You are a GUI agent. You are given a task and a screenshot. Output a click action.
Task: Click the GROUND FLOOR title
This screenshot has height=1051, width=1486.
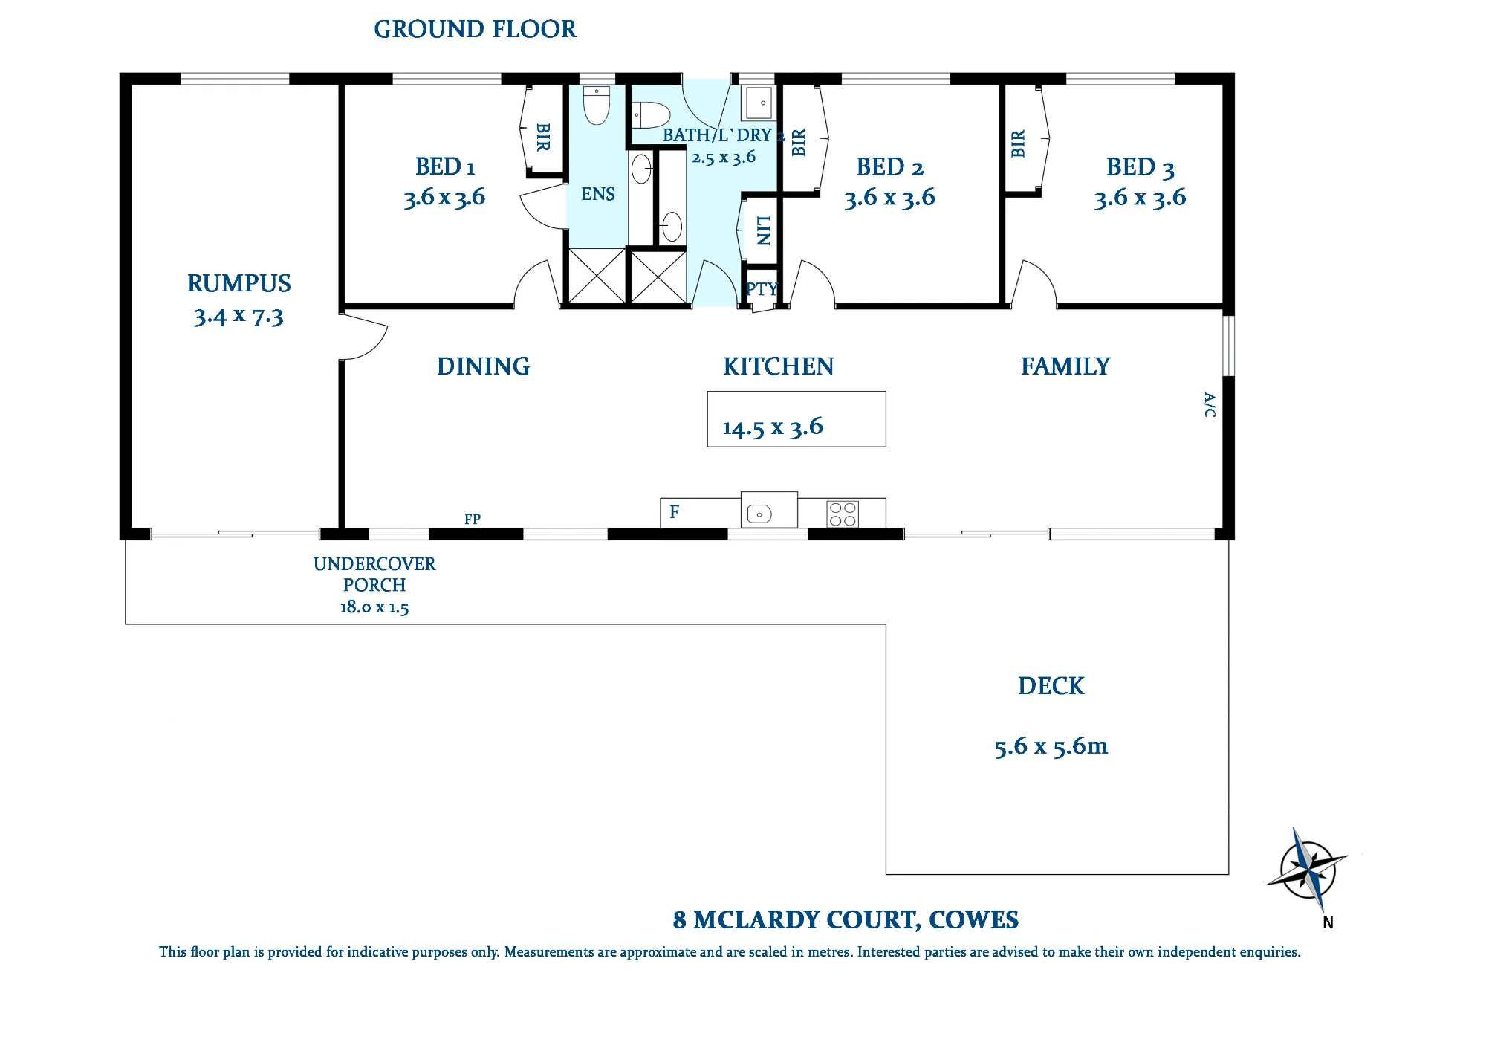pyautogui.click(x=475, y=29)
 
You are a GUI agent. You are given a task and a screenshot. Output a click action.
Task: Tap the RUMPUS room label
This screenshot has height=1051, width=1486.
pyautogui.click(x=239, y=283)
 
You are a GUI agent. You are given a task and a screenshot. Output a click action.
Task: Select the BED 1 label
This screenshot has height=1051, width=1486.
pyautogui.click(x=444, y=166)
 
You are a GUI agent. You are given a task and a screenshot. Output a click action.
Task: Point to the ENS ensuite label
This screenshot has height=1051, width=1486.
pyautogui.click(x=598, y=194)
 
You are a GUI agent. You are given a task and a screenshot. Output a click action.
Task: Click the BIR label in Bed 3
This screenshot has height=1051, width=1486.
pyautogui.click(x=1018, y=143)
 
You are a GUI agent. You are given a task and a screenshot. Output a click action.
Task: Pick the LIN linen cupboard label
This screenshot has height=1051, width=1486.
pyautogui.click(x=764, y=230)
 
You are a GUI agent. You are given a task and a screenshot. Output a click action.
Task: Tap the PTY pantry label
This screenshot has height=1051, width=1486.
pyautogui.click(x=762, y=288)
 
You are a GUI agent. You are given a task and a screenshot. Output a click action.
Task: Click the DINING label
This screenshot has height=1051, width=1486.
pyautogui.click(x=483, y=366)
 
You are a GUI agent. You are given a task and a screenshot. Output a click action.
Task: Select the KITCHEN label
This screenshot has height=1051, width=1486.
pyautogui.click(x=779, y=366)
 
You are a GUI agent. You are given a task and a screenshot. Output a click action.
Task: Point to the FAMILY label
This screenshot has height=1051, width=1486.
pyautogui.click(x=1065, y=366)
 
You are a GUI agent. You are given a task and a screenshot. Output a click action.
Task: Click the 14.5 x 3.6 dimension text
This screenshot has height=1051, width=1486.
pyautogui.click(x=773, y=427)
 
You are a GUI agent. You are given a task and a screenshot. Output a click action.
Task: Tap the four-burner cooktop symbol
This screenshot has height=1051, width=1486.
pyautogui.click(x=843, y=514)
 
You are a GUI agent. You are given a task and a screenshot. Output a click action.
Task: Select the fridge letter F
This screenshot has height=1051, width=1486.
pyautogui.click(x=675, y=511)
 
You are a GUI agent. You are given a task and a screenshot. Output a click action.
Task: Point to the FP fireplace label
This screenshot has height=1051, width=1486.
pyautogui.click(x=473, y=519)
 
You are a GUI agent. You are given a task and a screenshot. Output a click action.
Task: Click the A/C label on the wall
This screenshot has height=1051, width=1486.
pyautogui.click(x=1210, y=405)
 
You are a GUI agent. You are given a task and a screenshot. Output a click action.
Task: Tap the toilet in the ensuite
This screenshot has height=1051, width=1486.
pyautogui.click(x=597, y=105)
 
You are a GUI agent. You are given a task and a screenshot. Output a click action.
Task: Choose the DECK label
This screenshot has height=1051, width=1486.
pyautogui.click(x=1051, y=685)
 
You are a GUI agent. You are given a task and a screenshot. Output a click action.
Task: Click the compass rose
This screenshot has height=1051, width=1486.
pyautogui.click(x=1308, y=869)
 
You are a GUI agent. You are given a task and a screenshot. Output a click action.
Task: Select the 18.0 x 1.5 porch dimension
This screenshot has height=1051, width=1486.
pyautogui.click(x=374, y=607)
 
